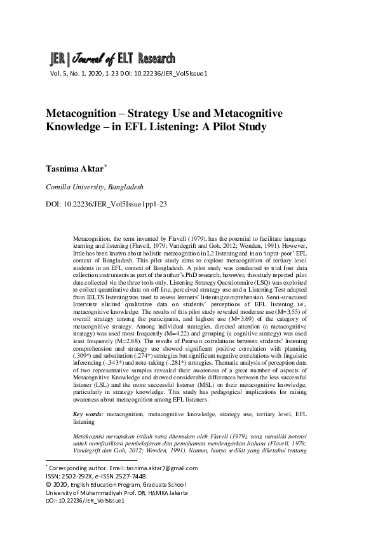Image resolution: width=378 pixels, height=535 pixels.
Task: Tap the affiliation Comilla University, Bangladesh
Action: (x=94, y=187)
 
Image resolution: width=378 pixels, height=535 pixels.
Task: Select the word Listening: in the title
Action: (x=172, y=126)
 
